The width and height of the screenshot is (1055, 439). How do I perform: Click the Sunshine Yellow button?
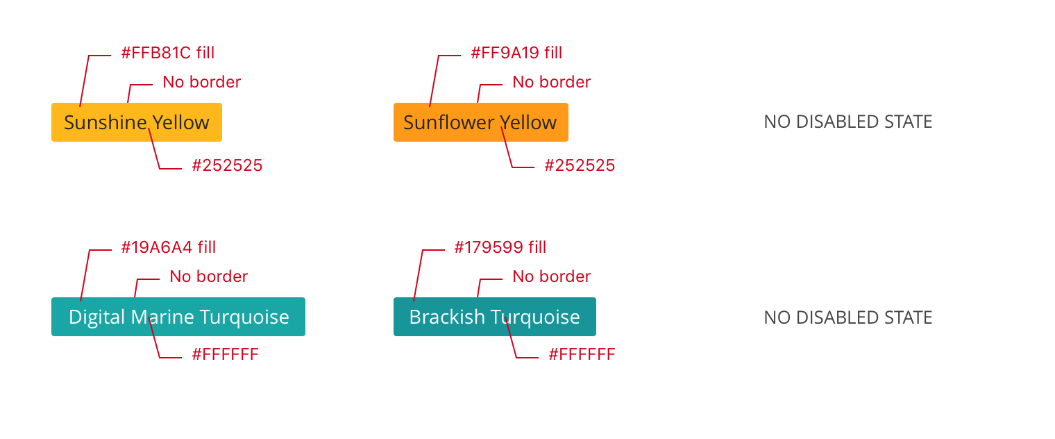coord(136,122)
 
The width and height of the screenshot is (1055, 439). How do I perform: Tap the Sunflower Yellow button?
coord(480,122)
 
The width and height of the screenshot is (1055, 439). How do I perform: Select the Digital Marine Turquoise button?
coord(178,317)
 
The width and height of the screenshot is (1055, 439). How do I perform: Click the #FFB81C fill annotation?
coord(167,53)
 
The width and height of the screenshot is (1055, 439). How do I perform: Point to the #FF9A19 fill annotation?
coord(516,53)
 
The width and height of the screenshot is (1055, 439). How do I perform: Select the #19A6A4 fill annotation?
coord(168,247)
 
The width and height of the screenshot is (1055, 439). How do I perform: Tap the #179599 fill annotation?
coord(500,247)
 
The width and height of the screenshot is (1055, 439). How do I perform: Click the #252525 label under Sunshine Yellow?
coord(227,165)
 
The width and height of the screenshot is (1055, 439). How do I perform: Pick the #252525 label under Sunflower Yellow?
coord(580,165)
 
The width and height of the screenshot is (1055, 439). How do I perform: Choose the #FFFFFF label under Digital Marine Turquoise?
coord(225,355)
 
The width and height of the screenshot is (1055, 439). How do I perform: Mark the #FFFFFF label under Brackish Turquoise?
coord(582,355)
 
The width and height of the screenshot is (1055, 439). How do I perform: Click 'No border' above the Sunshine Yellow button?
coord(202,82)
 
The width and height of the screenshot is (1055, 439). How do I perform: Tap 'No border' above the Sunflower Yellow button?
coord(552,82)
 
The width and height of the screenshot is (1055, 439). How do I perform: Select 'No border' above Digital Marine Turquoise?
coord(209,276)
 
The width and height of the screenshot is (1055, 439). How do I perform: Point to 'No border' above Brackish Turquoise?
coord(552,276)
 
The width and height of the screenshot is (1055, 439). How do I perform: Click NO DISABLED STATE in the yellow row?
coord(847,122)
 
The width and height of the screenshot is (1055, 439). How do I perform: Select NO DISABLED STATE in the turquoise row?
coord(847,317)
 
